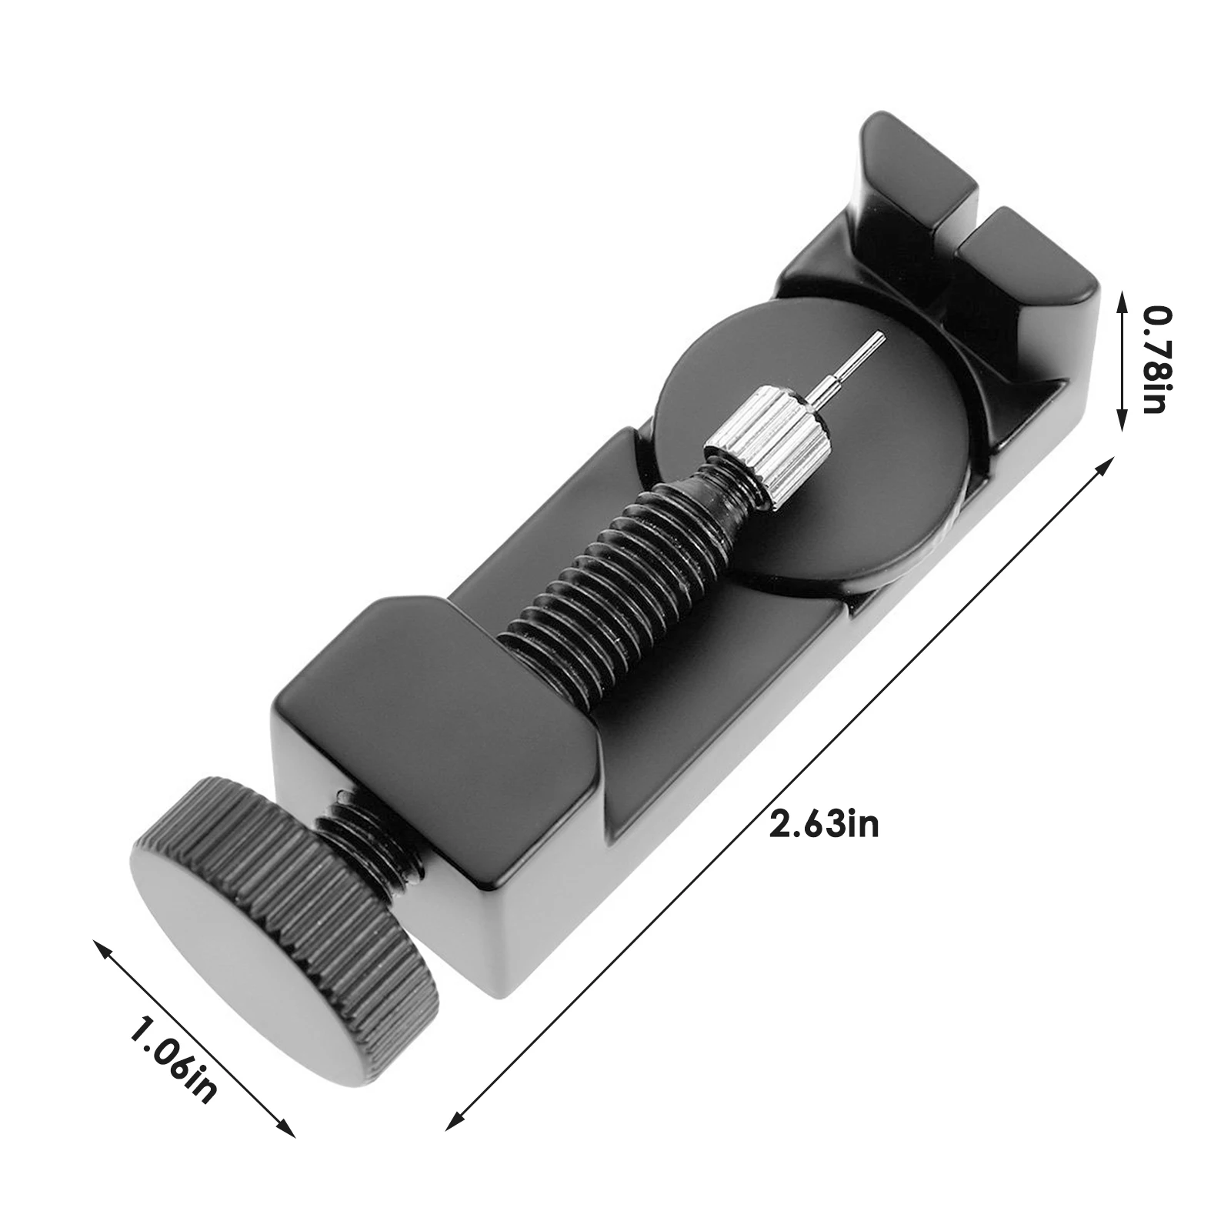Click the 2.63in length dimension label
click(x=823, y=825)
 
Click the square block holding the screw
click(x=431, y=739)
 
